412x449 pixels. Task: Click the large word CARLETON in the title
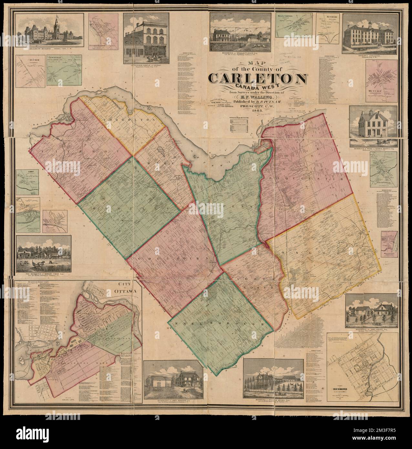pyautogui.click(x=257, y=78)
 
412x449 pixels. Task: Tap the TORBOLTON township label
pyautogui.click(x=117, y=120)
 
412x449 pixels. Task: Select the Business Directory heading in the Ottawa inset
pyautogui.click(x=34, y=282)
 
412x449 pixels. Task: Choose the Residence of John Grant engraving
pyautogui.click(x=371, y=310)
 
